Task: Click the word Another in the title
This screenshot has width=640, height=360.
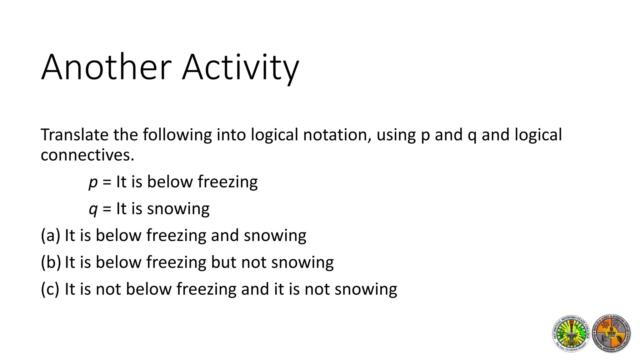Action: (x=106, y=67)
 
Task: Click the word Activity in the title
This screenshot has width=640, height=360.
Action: (x=241, y=67)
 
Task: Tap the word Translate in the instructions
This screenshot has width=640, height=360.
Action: (x=74, y=135)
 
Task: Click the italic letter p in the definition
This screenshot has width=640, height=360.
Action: (x=93, y=182)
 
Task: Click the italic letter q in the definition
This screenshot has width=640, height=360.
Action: (x=93, y=209)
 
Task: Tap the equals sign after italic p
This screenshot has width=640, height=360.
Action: (x=107, y=182)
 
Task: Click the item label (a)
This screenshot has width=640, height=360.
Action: (x=50, y=235)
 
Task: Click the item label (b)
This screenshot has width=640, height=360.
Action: (x=51, y=262)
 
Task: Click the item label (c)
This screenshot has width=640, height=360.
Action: (x=50, y=289)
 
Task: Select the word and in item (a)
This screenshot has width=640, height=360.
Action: (x=225, y=235)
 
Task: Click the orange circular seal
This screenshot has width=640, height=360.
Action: (x=611, y=333)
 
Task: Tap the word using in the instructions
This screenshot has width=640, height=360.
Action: (x=396, y=135)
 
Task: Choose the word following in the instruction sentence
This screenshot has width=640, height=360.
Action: (x=177, y=135)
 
